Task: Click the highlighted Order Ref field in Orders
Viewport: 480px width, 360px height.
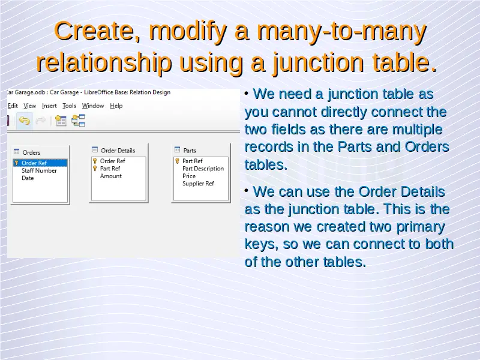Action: tap(40, 163)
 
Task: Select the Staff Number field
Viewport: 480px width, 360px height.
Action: tap(39, 170)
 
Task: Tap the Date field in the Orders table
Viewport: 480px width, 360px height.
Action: tap(28, 178)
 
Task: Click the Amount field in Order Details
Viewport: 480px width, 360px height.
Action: tap(111, 176)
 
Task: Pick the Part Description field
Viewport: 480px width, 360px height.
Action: tap(203, 169)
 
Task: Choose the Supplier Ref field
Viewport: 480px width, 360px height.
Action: tap(198, 184)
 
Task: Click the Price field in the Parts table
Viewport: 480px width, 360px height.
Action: tap(189, 176)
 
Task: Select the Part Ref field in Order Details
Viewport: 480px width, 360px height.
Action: tap(110, 169)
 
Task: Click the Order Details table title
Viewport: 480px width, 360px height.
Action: tap(118, 151)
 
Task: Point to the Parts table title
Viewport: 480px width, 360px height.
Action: tap(190, 151)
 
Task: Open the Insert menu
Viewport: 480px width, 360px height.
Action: tap(49, 106)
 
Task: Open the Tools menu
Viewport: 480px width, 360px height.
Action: tap(69, 106)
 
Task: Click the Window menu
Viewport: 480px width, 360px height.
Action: tap(93, 106)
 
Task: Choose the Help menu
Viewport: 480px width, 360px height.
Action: tap(116, 106)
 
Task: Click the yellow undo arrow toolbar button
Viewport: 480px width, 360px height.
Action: tap(24, 121)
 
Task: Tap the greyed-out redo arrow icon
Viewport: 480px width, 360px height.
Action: tap(40, 121)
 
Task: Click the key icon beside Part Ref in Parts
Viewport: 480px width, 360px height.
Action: tap(177, 161)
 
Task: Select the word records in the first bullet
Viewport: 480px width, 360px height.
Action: tap(269, 147)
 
